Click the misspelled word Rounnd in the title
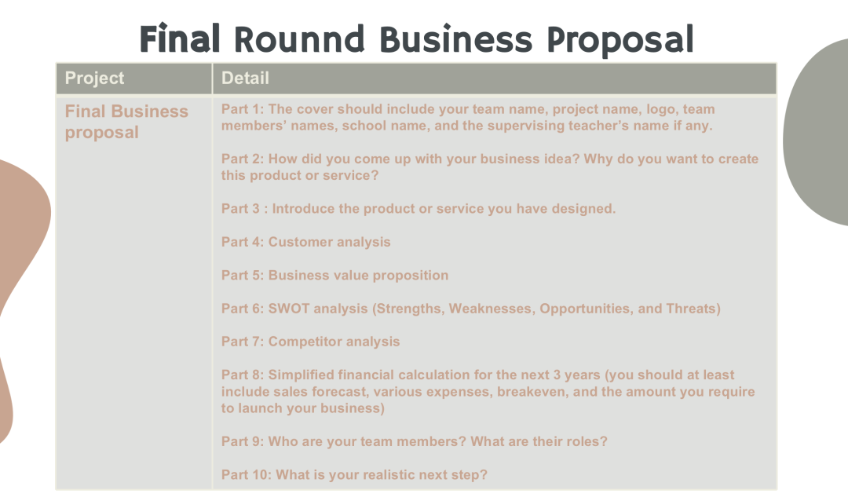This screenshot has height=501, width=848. (x=300, y=39)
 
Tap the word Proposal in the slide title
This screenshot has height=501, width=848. (x=620, y=40)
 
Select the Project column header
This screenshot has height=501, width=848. (x=95, y=78)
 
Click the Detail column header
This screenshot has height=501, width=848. (x=245, y=78)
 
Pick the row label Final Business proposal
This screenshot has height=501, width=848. (x=126, y=122)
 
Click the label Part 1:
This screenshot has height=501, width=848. (x=243, y=108)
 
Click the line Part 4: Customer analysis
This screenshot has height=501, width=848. (x=305, y=242)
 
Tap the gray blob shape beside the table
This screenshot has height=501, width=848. (x=816, y=133)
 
